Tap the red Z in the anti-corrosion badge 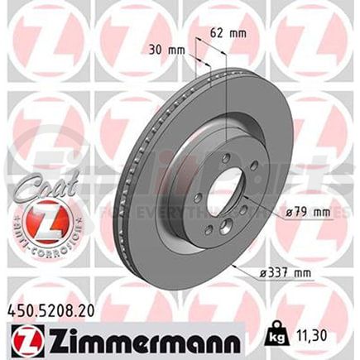32,220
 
